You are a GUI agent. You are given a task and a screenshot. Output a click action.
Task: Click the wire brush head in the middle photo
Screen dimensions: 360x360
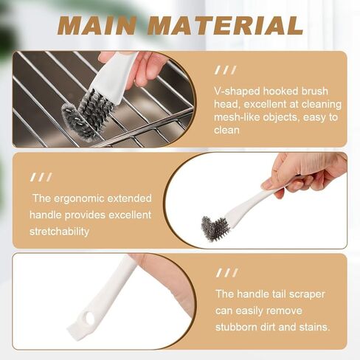pos(216,228)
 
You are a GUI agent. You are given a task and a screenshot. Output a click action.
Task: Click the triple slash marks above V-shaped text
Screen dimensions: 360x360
pos(226,70)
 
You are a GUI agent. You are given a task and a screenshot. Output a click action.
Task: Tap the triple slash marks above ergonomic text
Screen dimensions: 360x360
pos(41,177)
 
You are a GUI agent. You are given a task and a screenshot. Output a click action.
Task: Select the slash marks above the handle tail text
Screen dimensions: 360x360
pos(226,274)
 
